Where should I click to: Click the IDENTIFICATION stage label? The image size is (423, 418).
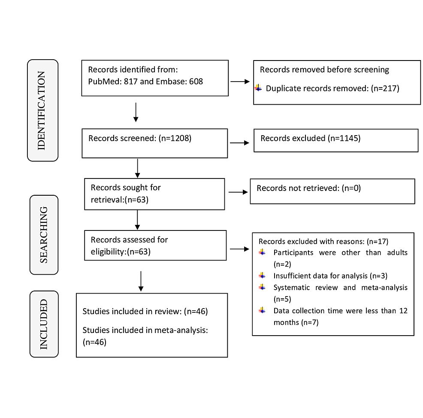(x=41, y=110)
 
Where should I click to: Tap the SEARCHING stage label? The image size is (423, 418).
(x=43, y=235)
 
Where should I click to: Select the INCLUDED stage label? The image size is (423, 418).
(x=43, y=324)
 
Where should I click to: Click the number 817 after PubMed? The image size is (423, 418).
(x=130, y=81)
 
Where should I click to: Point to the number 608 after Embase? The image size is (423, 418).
(x=196, y=81)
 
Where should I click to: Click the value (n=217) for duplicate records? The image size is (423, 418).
(x=385, y=88)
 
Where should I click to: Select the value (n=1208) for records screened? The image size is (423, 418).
(x=175, y=138)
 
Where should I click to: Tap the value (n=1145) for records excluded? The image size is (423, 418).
(x=344, y=138)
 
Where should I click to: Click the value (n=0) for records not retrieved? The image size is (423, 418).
(x=351, y=188)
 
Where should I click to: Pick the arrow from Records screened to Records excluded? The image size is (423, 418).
(x=239, y=143)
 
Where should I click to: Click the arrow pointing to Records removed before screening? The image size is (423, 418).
(x=240, y=81)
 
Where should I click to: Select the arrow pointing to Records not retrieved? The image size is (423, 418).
(x=238, y=192)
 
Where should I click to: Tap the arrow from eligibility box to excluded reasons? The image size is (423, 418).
(x=239, y=249)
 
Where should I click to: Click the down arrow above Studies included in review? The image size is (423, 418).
(x=141, y=281)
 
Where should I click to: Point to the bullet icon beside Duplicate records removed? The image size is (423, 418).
(x=258, y=88)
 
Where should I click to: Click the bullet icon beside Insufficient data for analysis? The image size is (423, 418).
(x=262, y=276)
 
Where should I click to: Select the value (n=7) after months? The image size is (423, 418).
(x=310, y=322)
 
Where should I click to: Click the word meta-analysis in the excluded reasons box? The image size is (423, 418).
(x=384, y=288)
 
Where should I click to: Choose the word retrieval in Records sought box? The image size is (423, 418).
(x=107, y=200)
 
